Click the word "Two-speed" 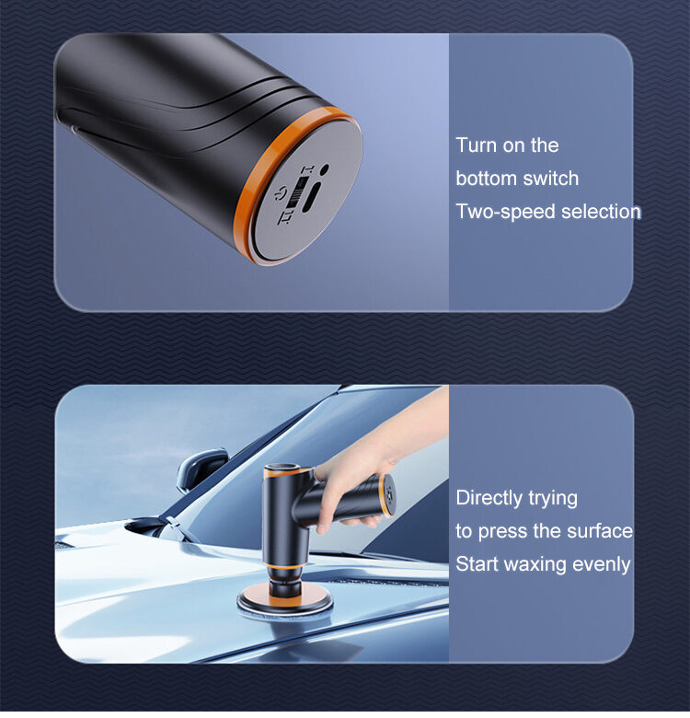506,212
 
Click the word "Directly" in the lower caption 489,498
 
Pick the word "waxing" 535,564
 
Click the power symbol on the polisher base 281,193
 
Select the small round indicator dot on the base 324,168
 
